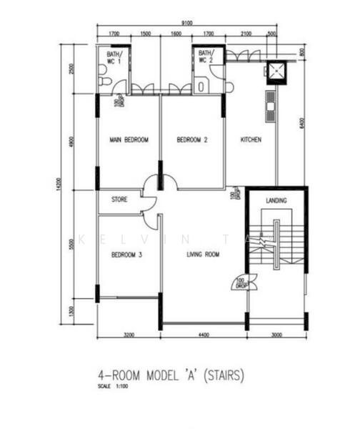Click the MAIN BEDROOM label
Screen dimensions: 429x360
point(129,140)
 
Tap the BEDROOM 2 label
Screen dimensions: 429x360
point(192,140)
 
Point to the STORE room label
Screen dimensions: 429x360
point(119,199)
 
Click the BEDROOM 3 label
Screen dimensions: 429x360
point(127,254)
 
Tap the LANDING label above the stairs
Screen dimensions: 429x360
point(276,200)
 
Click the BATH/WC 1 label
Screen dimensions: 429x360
point(115,57)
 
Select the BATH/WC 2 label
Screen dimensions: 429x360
point(206,57)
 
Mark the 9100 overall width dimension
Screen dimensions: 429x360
point(186,23)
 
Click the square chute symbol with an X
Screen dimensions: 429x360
point(275,70)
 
